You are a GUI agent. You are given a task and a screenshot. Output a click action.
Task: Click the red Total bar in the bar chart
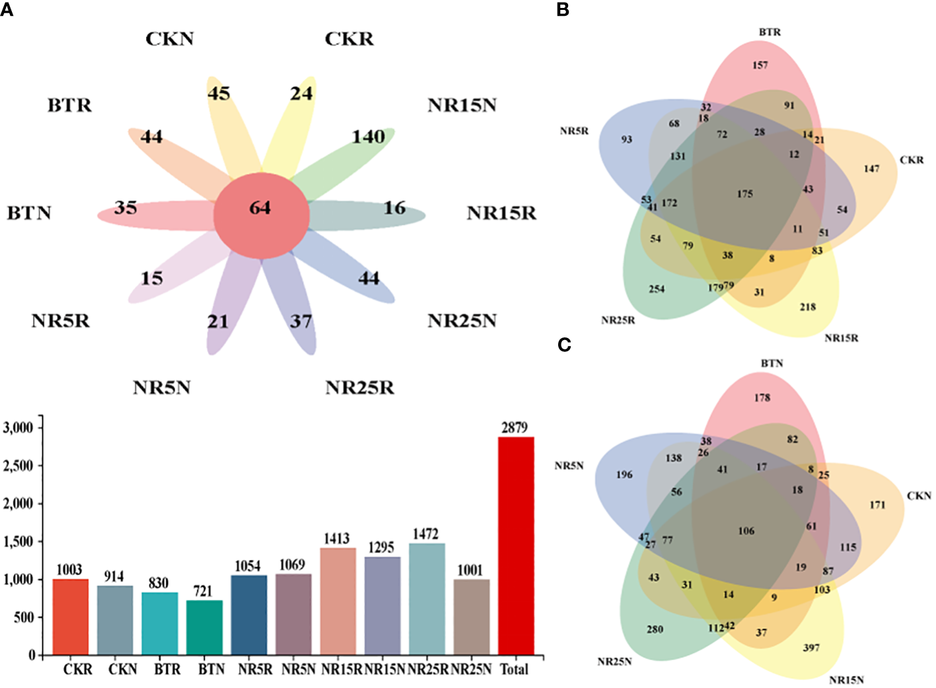pyautogui.click(x=516, y=545)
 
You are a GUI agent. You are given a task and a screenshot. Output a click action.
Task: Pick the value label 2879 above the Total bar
pyautogui.click(x=515, y=428)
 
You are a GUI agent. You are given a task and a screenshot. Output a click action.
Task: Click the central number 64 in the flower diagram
pyautogui.click(x=260, y=208)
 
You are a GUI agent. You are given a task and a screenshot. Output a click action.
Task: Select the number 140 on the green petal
pyautogui.click(x=368, y=137)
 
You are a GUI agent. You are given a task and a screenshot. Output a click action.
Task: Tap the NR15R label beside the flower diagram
pyautogui.click(x=501, y=213)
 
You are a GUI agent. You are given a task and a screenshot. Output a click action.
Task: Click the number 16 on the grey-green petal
pyautogui.click(x=394, y=208)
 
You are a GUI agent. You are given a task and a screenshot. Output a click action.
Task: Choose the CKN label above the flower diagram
pyautogui.click(x=170, y=39)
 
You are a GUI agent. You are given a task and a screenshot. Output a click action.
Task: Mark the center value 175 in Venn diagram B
pyautogui.click(x=744, y=194)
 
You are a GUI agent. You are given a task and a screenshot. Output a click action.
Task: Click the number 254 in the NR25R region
pyautogui.click(x=657, y=289)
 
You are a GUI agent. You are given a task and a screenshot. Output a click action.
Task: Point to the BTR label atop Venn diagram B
pyautogui.click(x=770, y=32)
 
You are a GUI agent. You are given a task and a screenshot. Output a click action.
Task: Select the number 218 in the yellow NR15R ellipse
pyautogui.click(x=808, y=307)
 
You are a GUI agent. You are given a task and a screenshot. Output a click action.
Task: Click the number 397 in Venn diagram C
pyautogui.click(x=811, y=648)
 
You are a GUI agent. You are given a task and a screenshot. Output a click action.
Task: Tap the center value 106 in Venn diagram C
pyautogui.click(x=746, y=531)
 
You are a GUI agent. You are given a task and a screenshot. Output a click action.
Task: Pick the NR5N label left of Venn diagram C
pyautogui.click(x=569, y=465)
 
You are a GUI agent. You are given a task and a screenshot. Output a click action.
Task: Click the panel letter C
pyautogui.click(x=564, y=345)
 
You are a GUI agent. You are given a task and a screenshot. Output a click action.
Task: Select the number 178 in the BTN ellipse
pyautogui.click(x=762, y=397)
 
